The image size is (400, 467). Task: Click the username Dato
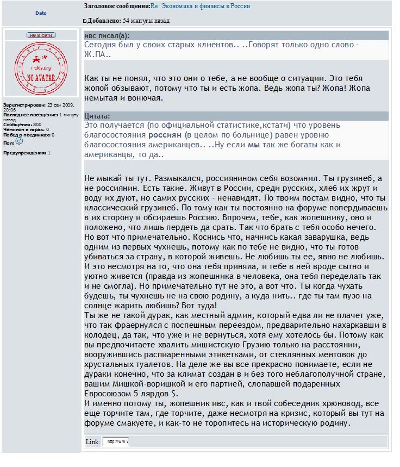(x=41, y=13)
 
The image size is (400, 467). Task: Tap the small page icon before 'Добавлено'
(x=84, y=21)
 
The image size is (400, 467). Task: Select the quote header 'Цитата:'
(x=98, y=116)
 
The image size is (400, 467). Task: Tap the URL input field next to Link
(x=116, y=441)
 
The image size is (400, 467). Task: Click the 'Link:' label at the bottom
(x=92, y=441)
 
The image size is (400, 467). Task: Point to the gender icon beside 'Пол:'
(x=19, y=141)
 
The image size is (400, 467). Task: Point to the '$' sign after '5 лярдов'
(x=173, y=394)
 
